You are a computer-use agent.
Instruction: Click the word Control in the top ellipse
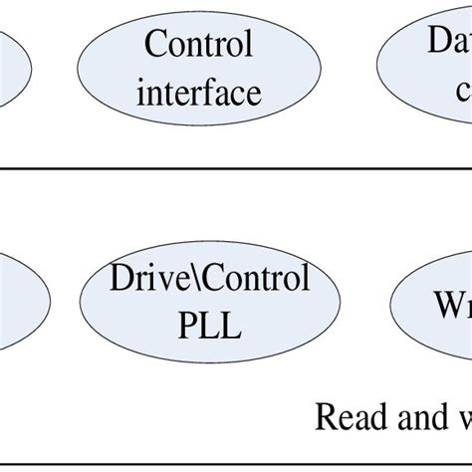pyautogui.click(x=199, y=45)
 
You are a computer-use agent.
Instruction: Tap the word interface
pyautogui.click(x=199, y=93)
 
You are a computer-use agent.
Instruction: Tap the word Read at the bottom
pyautogui.click(x=348, y=417)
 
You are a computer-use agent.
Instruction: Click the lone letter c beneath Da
pyautogui.click(x=463, y=91)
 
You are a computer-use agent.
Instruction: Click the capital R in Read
pyautogui.click(x=325, y=417)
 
